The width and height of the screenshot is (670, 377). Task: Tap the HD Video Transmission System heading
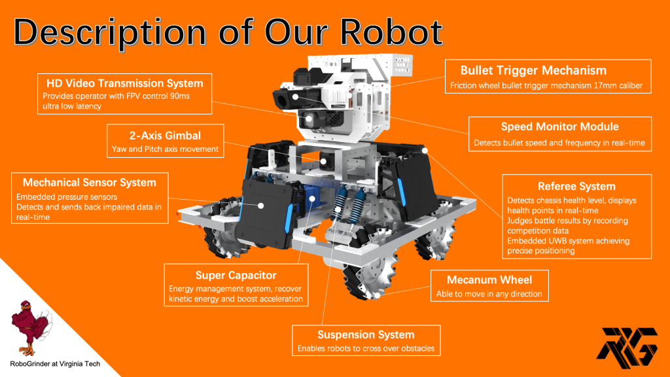pos(125,83)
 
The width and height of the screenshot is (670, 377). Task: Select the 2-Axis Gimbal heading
pos(165,136)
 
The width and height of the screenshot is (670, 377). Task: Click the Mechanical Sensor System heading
pos(89,183)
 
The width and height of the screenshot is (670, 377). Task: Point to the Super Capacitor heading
pos(236,276)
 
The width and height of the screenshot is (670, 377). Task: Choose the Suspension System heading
pos(366,334)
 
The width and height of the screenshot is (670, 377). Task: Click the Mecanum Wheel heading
pos(489,280)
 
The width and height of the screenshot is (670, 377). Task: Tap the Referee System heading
pos(576,187)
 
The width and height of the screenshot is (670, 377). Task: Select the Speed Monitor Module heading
pos(560,126)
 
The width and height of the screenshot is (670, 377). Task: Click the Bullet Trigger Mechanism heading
pos(533,71)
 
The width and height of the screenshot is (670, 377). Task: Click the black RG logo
pos(627,348)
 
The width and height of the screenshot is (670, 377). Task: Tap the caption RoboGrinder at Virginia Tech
pos(55,364)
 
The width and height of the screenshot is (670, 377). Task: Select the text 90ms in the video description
pos(179,96)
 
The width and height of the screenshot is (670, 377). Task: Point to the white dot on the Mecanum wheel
pos(378,295)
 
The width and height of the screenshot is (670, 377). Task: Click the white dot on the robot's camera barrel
pos(295,97)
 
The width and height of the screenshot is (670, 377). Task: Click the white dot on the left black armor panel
pos(260,206)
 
